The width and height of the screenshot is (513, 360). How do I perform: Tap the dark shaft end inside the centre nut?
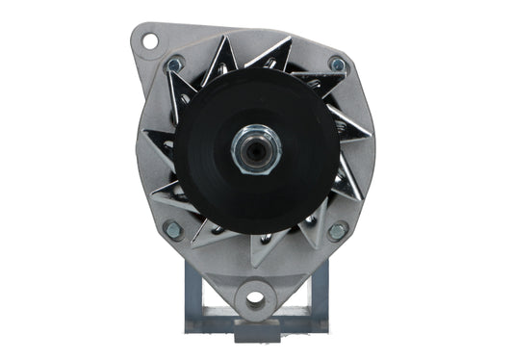(x=256, y=148)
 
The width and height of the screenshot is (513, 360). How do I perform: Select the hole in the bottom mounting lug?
(x=255, y=297)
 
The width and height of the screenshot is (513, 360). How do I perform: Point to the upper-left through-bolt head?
(x=174, y=64)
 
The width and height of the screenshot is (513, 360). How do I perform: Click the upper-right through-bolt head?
(x=337, y=64)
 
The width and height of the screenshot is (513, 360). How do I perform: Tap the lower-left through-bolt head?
(x=173, y=230)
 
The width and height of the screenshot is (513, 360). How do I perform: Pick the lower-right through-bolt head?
(x=337, y=231)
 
